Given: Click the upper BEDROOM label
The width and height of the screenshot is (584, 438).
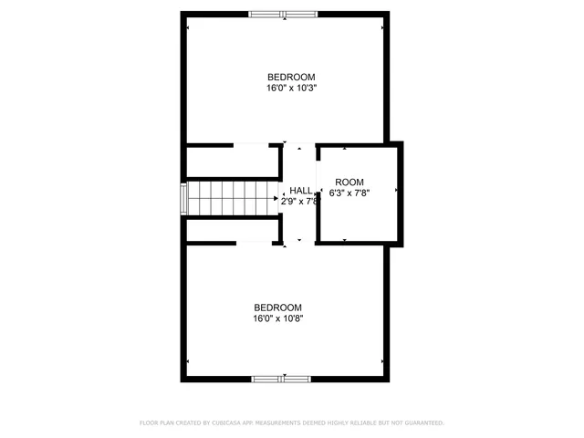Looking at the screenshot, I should point(291,77).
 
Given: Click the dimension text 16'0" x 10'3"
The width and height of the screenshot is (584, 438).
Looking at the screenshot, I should point(291,89).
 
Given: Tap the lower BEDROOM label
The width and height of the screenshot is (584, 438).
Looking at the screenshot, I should point(277,308).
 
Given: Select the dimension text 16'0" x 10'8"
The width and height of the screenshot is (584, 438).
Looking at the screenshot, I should point(277,319).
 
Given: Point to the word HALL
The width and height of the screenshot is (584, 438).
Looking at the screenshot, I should point(301,191).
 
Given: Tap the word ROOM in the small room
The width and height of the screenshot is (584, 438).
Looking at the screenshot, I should point(349,182).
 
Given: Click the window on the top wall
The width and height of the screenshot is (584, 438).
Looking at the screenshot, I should point(283,14).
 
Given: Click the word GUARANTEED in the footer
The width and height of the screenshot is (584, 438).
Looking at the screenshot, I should point(422,423).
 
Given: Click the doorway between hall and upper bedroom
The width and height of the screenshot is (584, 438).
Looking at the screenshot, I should point(298,145).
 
